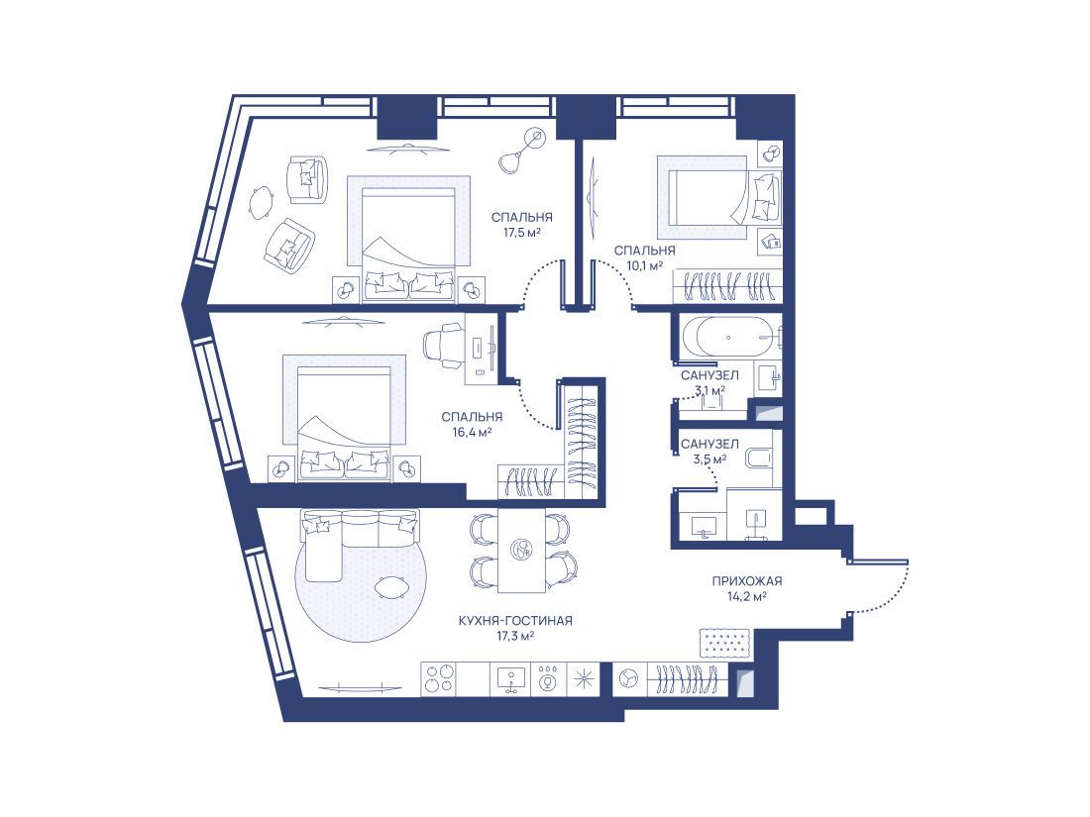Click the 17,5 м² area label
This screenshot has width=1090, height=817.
click(x=522, y=233)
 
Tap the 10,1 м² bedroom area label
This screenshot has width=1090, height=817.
click(x=644, y=265)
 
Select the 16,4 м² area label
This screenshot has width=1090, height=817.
click(x=472, y=432)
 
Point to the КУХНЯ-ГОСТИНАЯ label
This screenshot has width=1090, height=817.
click(x=515, y=620)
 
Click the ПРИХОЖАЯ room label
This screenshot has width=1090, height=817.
click(x=746, y=580)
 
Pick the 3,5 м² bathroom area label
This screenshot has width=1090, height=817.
click(x=709, y=460)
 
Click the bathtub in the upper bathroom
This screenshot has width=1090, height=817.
click(x=728, y=338)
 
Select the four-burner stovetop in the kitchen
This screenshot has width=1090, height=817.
click(x=439, y=679)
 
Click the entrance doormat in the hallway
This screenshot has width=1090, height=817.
click(x=725, y=643)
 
